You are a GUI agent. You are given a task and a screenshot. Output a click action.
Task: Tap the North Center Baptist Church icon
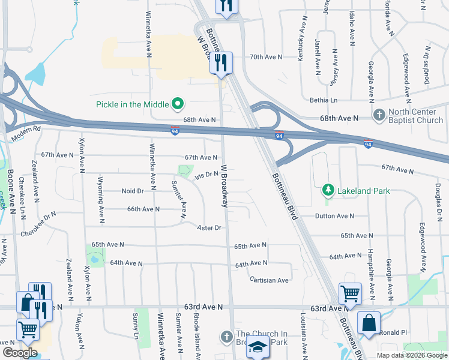[x=379, y=115]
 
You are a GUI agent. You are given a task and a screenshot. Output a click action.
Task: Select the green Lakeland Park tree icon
[x=328, y=191]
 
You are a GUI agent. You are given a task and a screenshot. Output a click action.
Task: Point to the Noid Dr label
[x=133, y=191]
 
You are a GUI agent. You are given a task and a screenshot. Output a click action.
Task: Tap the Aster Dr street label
[x=209, y=228]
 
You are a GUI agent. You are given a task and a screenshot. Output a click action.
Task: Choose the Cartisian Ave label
[x=270, y=280]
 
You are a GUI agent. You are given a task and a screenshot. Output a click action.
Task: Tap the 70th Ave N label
[x=266, y=57]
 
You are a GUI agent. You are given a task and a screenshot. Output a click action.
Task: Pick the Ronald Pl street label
[x=393, y=332]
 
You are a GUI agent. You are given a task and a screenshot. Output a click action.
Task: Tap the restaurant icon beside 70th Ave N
[x=221, y=62]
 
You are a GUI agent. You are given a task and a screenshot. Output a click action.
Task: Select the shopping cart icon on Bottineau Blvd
[x=350, y=293]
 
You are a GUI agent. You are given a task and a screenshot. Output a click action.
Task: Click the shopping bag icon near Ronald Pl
[x=369, y=322]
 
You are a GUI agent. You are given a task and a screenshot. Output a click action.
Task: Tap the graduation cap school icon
[x=258, y=347]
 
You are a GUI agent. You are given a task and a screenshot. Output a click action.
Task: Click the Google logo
[x=20, y=353]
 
